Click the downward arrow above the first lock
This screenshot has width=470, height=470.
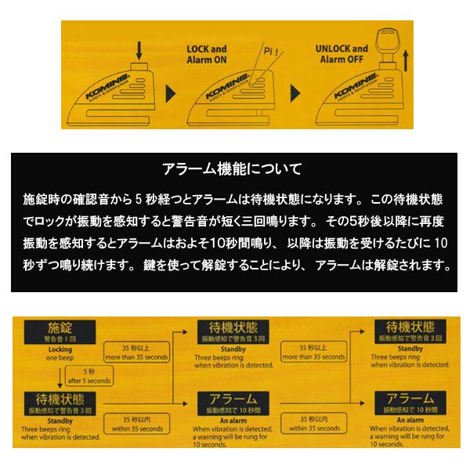138,52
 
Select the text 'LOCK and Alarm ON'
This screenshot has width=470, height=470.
205,52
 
